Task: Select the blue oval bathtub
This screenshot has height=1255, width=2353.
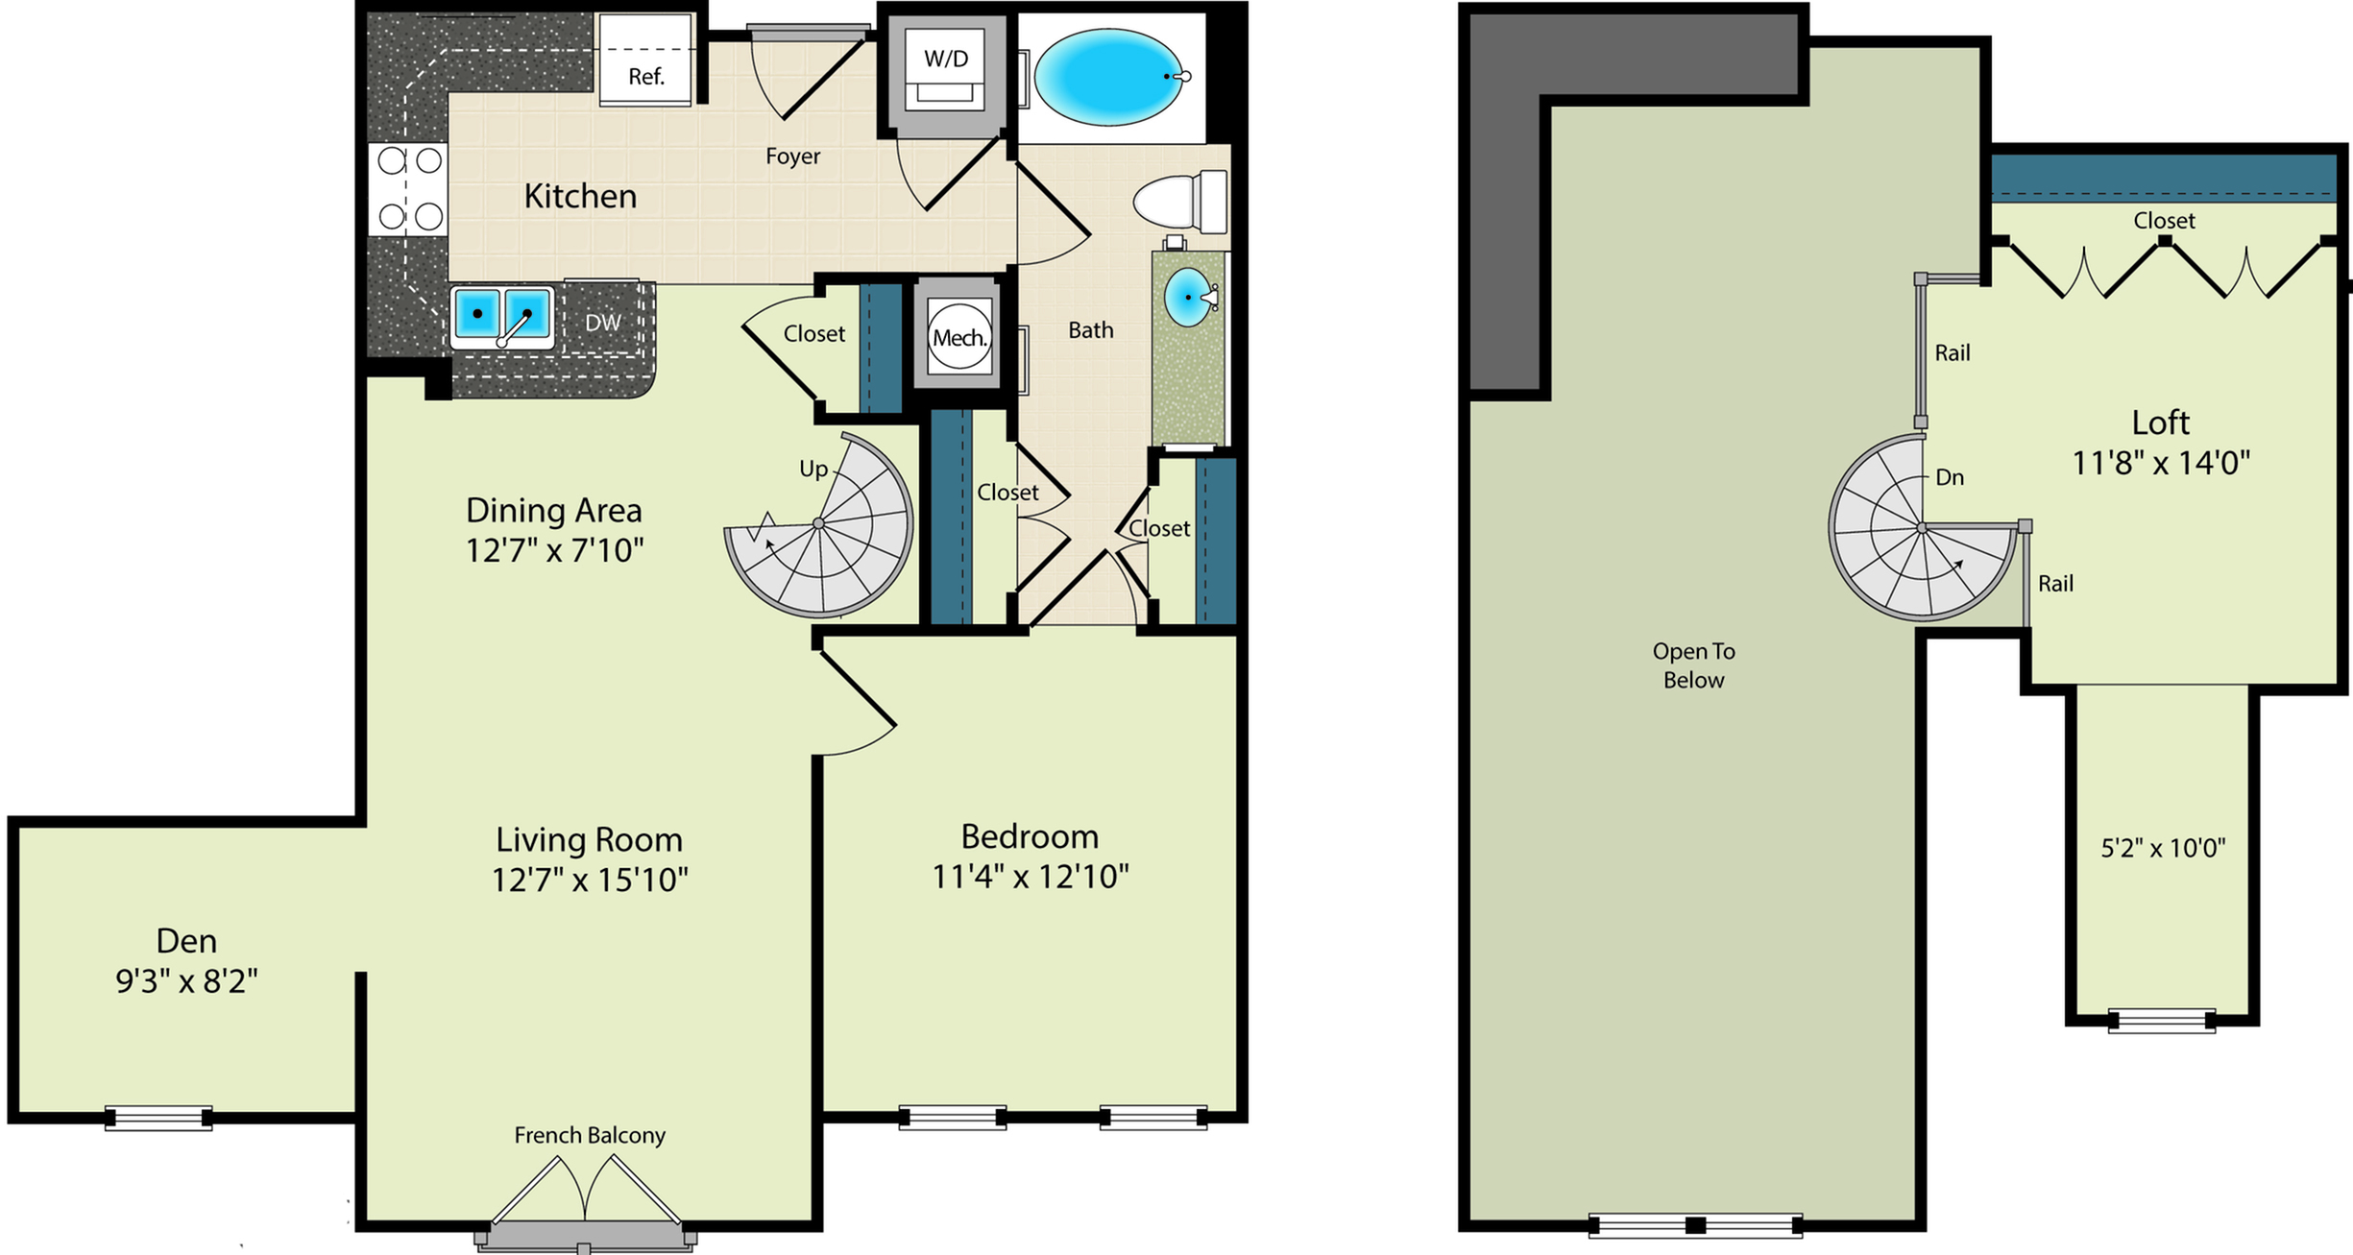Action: point(1109,77)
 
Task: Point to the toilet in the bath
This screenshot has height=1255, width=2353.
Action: point(1180,202)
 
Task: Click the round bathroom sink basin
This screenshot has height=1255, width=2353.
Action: point(1189,297)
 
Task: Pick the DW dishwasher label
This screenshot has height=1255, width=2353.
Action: point(603,323)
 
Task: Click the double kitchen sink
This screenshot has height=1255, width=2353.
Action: point(502,315)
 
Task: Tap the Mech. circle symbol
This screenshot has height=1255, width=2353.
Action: point(959,337)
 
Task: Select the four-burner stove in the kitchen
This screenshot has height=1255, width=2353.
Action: point(409,188)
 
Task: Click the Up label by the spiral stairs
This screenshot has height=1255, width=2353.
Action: point(813,469)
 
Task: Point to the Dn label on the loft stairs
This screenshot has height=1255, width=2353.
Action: point(1950,477)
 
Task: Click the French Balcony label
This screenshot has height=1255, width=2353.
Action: point(590,1135)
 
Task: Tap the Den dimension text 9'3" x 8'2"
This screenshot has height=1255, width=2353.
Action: point(187,981)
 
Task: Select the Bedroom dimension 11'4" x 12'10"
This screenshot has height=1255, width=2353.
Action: point(1031,877)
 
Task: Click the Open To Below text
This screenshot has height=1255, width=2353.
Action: point(1694,665)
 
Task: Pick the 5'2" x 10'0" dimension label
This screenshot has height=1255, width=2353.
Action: point(2164,848)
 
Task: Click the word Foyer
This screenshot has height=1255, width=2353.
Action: point(793,156)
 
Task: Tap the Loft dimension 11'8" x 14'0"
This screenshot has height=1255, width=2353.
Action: point(2161,464)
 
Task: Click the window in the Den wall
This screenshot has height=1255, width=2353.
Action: point(158,1118)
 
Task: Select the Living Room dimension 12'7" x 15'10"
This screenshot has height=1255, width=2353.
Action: point(590,880)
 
